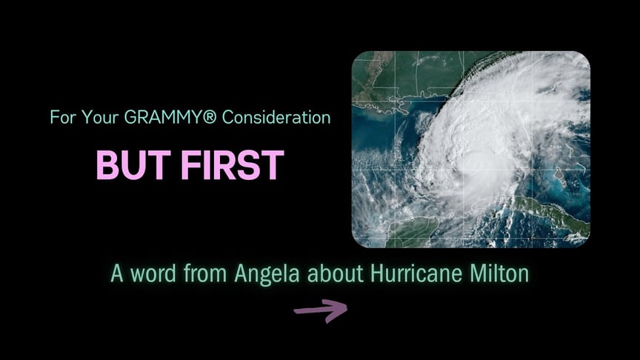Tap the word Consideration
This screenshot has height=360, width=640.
[276, 118]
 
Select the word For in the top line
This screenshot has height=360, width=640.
[63, 118]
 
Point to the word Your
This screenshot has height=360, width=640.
[101, 118]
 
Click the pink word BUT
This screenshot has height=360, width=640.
[133, 165]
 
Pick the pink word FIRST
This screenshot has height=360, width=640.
[233, 165]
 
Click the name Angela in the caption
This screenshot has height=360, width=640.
[267, 274]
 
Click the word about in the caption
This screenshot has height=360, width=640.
[335, 273]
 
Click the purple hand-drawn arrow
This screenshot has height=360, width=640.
[321, 310]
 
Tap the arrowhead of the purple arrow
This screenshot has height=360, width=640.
[338, 310]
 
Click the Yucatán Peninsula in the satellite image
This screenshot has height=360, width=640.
[413, 232]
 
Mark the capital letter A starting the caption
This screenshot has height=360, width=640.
[117, 273]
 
